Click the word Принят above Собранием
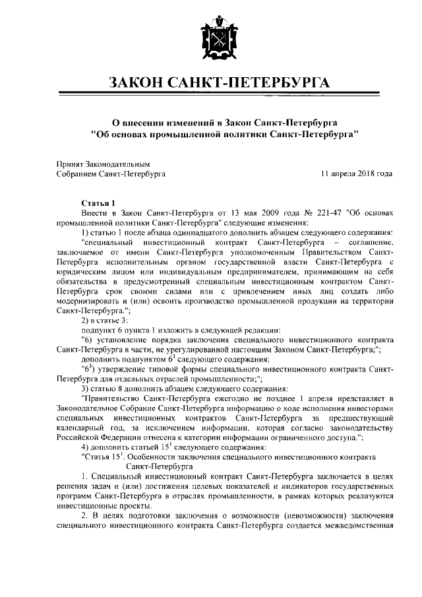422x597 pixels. coord(70,164)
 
